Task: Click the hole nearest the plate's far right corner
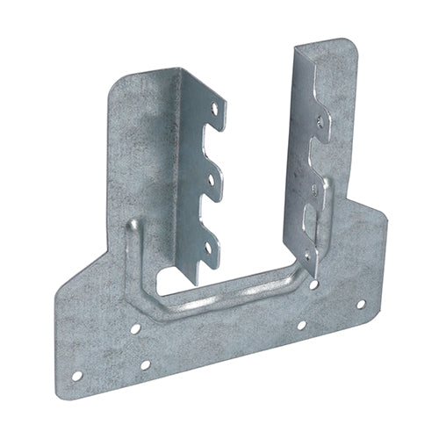click(360, 303)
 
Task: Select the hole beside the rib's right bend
click(302, 326)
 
